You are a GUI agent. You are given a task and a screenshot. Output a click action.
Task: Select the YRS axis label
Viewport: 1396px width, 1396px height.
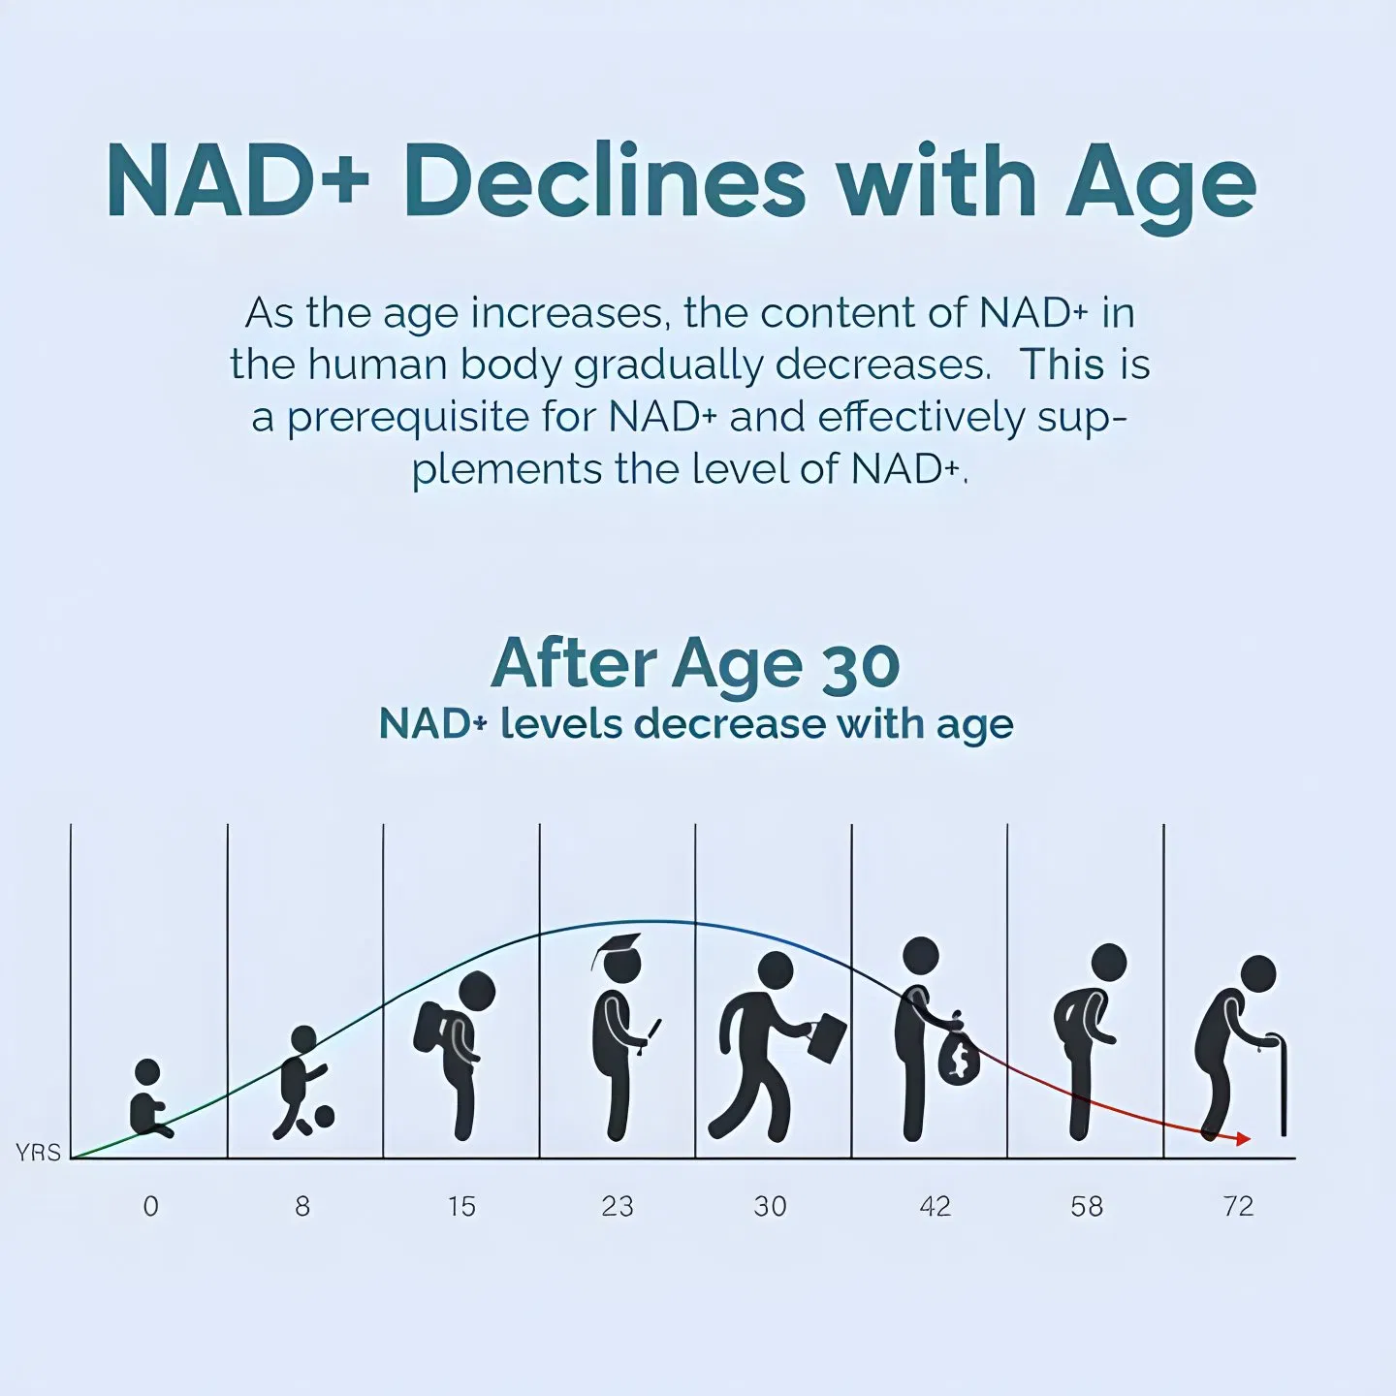[x=38, y=1153]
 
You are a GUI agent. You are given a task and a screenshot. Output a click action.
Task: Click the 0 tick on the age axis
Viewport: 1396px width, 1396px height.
[x=150, y=1206]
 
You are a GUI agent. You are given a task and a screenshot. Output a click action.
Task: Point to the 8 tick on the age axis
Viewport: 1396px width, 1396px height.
[x=302, y=1206]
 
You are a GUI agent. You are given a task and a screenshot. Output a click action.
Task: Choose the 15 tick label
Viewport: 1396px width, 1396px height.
[x=461, y=1206]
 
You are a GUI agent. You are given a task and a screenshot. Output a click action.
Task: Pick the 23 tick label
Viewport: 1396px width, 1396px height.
[x=618, y=1206]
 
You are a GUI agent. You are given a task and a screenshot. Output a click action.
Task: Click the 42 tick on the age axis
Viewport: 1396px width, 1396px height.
[x=935, y=1206]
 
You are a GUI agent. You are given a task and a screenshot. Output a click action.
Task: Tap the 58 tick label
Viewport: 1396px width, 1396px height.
[x=1087, y=1206]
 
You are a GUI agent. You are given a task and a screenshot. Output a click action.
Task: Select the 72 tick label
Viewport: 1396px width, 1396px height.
[x=1239, y=1206]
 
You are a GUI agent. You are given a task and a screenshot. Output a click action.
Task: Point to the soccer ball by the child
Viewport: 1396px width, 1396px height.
[x=322, y=1117]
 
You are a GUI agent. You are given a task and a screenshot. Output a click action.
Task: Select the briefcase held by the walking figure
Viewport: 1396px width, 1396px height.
[x=826, y=1037]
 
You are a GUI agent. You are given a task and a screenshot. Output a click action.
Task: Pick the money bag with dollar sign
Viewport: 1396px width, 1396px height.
[x=959, y=1057]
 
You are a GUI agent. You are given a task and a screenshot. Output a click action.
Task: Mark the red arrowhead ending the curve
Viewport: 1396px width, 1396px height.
[x=1244, y=1139]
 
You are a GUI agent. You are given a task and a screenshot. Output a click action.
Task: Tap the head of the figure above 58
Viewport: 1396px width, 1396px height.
[x=1108, y=962]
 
